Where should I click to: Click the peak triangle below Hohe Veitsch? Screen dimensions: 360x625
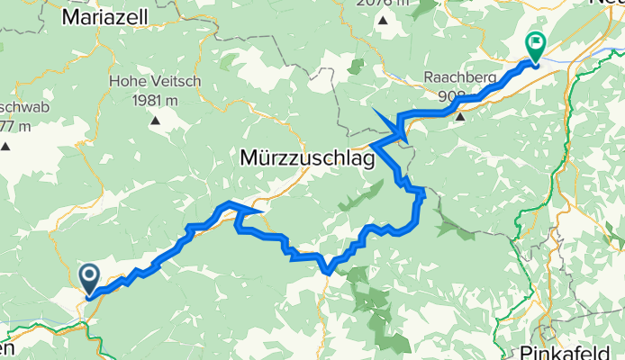(157, 120)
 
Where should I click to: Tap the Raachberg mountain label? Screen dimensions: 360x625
(460, 77)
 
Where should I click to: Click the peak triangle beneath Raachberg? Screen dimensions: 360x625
(460, 115)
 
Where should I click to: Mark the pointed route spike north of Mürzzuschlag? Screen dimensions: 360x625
(373, 109)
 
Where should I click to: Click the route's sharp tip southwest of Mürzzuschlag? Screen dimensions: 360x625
(261, 211)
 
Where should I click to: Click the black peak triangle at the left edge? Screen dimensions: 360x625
(6, 145)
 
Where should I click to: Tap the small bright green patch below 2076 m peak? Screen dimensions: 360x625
(357, 65)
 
